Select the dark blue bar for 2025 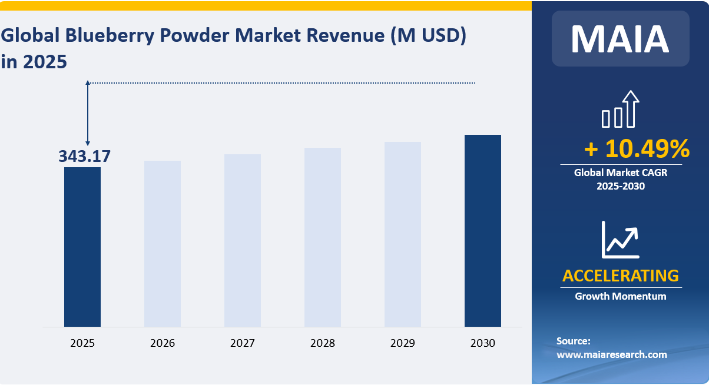click(x=82, y=247)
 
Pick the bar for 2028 click(x=323, y=237)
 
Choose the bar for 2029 click(x=403, y=234)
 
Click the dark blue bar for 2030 click(x=483, y=230)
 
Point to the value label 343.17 click(x=84, y=156)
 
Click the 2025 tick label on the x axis click(x=82, y=343)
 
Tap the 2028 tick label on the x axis click(x=323, y=343)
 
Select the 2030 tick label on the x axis click(x=483, y=343)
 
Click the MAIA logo click(x=620, y=39)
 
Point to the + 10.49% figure click(x=637, y=149)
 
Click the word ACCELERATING click(x=620, y=276)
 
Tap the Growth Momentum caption click(x=620, y=296)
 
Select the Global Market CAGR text click(x=620, y=173)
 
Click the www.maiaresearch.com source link click(x=612, y=354)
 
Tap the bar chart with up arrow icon click(x=620, y=110)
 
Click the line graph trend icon click(x=620, y=239)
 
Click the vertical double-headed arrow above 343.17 click(x=88, y=113)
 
